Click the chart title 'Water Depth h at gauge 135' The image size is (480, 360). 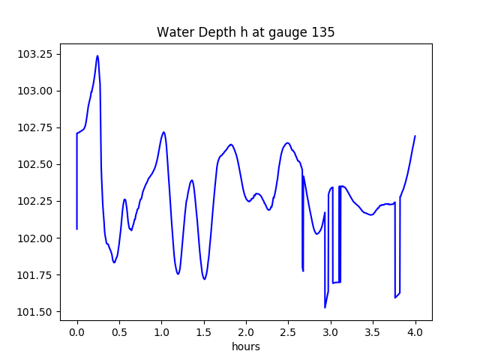(245, 32)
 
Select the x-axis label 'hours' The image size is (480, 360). (245, 347)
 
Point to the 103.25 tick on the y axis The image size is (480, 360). (36, 54)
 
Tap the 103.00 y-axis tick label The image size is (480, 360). (36, 91)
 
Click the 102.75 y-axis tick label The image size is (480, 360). (36, 127)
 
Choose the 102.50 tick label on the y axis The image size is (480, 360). (36, 164)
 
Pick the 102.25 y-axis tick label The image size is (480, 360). (36, 201)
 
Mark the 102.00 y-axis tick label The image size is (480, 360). (36, 238)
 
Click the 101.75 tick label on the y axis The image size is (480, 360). (36, 274)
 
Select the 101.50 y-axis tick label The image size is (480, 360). (36, 311)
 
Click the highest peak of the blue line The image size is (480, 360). (97, 55)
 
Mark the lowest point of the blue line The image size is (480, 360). (325, 307)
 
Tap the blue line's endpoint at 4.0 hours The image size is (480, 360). (415, 136)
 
